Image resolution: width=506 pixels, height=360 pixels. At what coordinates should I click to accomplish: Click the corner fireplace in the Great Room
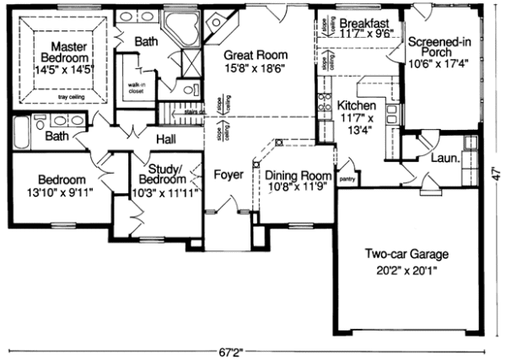pyautogui.click(x=221, y=24)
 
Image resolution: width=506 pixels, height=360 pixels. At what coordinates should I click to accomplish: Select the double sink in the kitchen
pyautogui.click(x=322, y=105)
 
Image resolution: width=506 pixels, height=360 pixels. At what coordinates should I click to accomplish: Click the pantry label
pyautogui.click(x=344, y=180)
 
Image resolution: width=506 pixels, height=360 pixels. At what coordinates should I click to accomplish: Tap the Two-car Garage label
pyautogui.click(x=406, y=254)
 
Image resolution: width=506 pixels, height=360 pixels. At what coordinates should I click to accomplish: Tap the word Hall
pyautogui.click(x=166, y=138)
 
